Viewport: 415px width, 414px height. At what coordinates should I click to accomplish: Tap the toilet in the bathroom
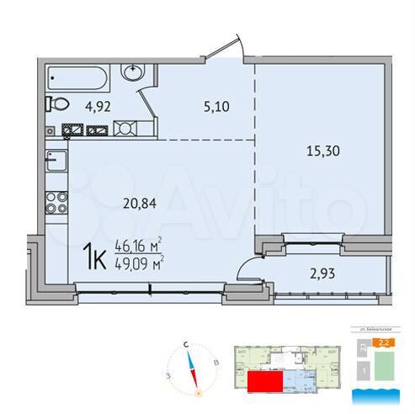(58, 104)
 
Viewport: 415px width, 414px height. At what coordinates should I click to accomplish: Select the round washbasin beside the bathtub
(134, 72)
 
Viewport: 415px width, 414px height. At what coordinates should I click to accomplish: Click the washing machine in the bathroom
(124, 129)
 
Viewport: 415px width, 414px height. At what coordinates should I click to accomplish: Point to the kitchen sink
(54, 159)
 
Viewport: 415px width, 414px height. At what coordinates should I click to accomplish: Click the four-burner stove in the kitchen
(57, 202)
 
